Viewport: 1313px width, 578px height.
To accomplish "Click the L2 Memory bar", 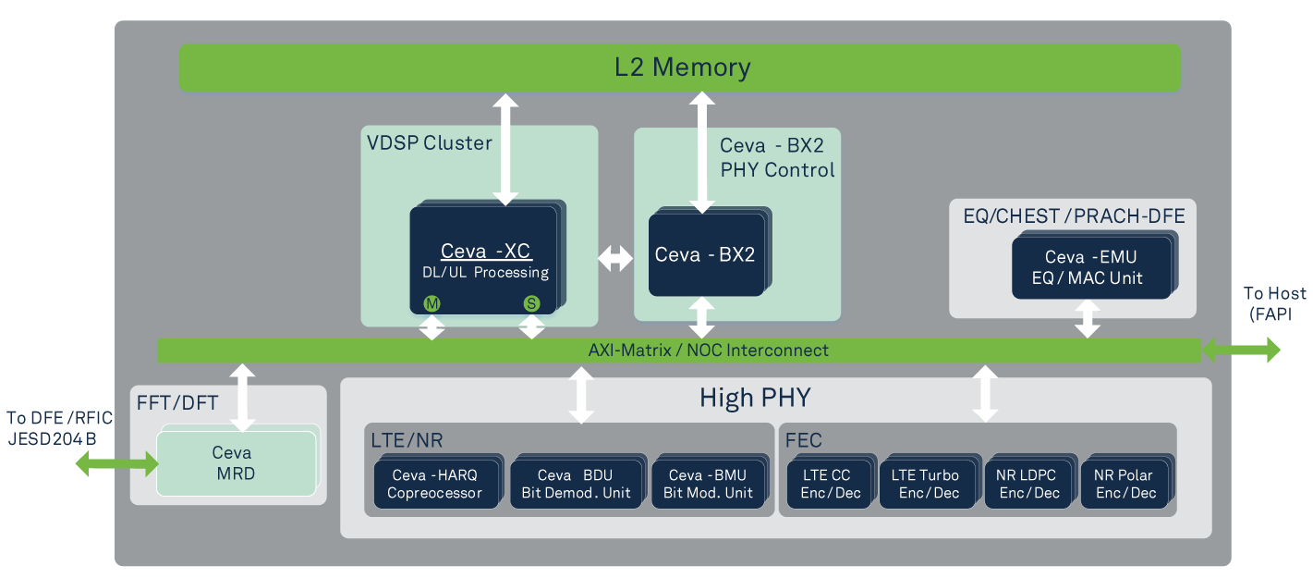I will point(679,68).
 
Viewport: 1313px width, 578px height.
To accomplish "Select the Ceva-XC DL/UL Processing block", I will point(484,261).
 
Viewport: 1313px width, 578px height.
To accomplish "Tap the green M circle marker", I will point(431,303).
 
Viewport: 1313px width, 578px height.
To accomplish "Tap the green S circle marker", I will point(531,303).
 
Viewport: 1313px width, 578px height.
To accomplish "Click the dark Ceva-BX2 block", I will point(705,255).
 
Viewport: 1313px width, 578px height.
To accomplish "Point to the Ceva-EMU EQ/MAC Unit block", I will point(1091,268).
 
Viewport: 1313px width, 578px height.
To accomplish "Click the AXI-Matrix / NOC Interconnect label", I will point(708,350).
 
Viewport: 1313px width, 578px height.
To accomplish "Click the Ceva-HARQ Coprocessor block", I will point(434,484).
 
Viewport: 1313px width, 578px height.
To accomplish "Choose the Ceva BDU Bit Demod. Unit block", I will point(575,484).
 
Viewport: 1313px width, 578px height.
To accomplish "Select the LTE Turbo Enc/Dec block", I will point(925,484).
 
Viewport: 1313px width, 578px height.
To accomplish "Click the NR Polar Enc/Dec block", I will point(1125,484).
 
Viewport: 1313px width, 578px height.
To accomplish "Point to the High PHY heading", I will point(754,399).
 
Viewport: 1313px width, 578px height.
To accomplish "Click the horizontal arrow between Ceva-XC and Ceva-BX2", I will point(615,260).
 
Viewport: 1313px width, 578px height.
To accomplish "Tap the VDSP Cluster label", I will point(430,143).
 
